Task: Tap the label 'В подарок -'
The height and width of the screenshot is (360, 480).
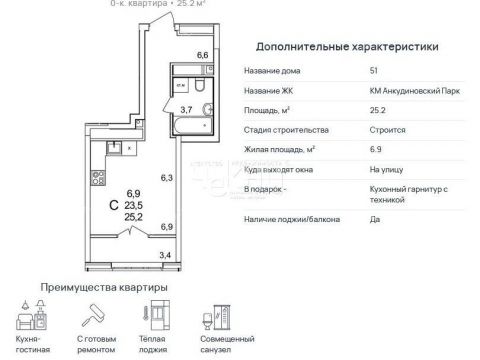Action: (x=265, y=190)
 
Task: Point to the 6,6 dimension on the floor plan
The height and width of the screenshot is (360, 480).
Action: (x=202, y=55)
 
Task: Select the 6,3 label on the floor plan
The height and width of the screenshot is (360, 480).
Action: (x=167, y=180)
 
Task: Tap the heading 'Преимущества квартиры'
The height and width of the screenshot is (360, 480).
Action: (x=103, y=288)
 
